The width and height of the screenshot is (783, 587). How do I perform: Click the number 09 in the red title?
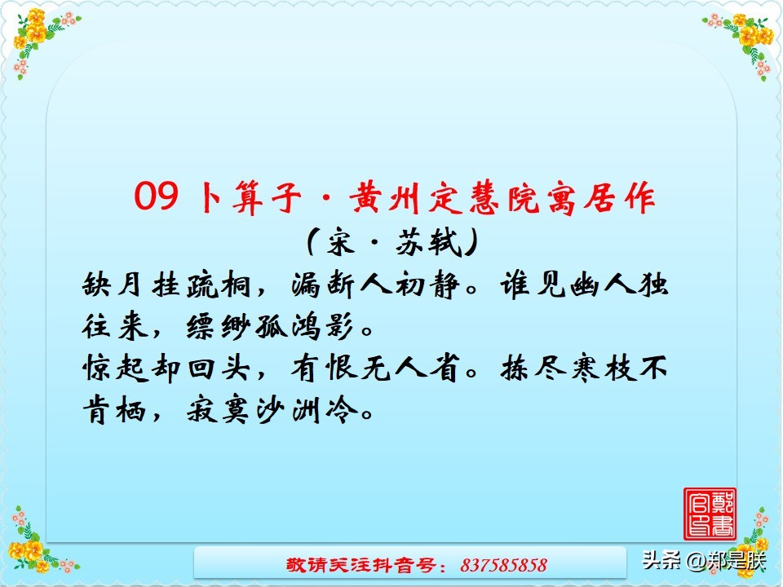point(156,198)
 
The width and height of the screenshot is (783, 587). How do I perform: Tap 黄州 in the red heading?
point(381,198)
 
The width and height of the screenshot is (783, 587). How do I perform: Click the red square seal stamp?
point(710,514)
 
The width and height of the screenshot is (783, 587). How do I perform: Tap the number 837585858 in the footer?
point(503,565)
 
